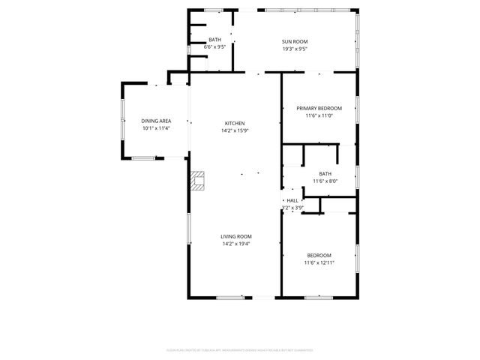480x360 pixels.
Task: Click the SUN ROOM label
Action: (295, 41)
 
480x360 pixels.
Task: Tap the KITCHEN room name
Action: (235, 123)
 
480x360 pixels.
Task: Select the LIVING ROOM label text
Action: (235, 236)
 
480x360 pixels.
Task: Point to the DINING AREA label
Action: (156, 121)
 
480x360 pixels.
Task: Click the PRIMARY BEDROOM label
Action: (319, 108)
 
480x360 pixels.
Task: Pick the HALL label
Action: (293, 200)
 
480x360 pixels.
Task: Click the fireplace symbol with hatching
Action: (197, 180)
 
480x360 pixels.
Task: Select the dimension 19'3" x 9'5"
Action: (295, 49)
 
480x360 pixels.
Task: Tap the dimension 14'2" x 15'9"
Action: (235, 130)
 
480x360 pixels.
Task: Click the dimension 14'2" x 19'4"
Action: (235, 244)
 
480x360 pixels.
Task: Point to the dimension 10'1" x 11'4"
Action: (156, 128)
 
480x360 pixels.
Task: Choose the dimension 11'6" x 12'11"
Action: (319, 263)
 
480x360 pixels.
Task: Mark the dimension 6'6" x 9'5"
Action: (215, 46)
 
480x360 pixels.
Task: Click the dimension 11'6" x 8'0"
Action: (325, 181)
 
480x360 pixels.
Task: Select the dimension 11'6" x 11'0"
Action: (319, 115)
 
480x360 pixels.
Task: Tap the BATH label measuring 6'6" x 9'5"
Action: (215, 39)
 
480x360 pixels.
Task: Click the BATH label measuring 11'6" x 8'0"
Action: (325, 173)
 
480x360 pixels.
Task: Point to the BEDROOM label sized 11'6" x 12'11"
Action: (319, 256)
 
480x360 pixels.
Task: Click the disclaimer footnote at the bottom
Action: (239, 349)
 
